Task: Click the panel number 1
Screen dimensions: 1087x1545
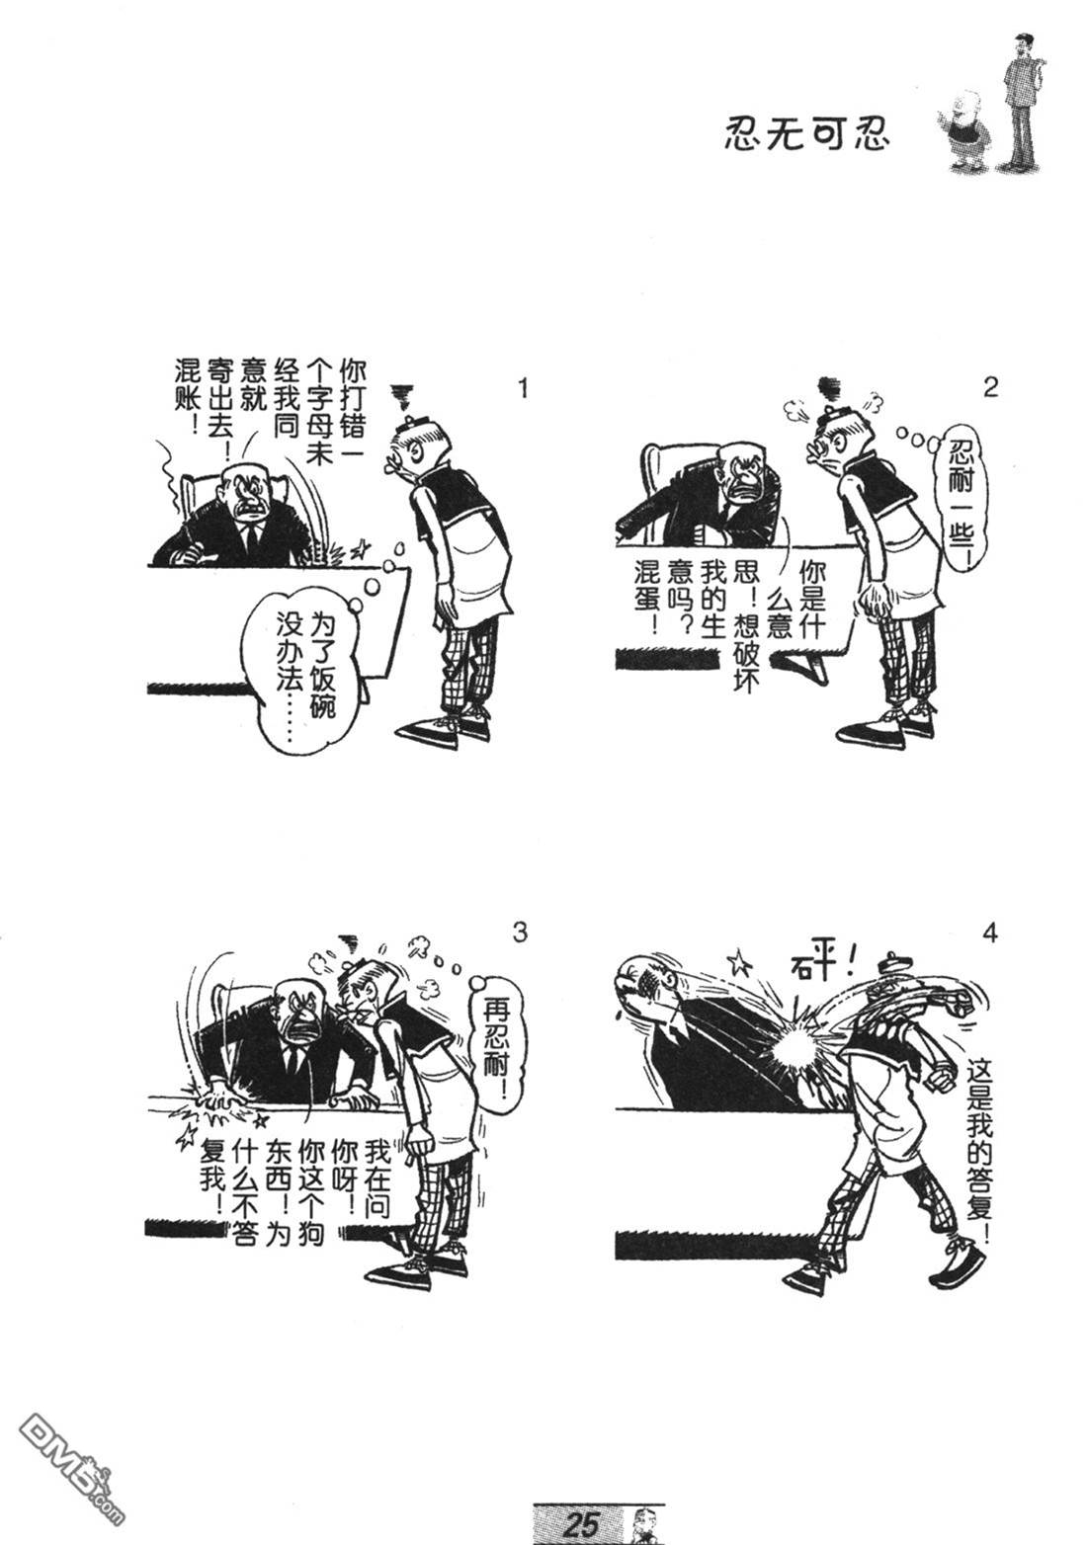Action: coord(523,388)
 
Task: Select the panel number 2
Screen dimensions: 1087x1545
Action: coord(990,387)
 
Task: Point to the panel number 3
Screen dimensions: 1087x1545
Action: coord(519,933)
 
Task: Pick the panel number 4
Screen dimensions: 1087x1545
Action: coord(990,934)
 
